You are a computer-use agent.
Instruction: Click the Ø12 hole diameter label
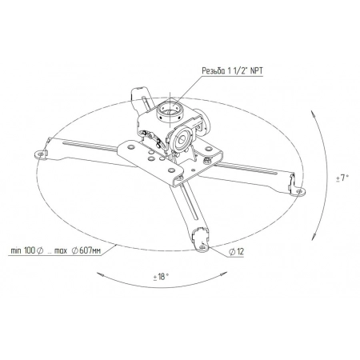click(x=235, y=252)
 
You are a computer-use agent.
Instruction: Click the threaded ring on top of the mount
click(x=170, y=106)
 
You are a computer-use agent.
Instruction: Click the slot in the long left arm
click(x=88, y=146)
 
